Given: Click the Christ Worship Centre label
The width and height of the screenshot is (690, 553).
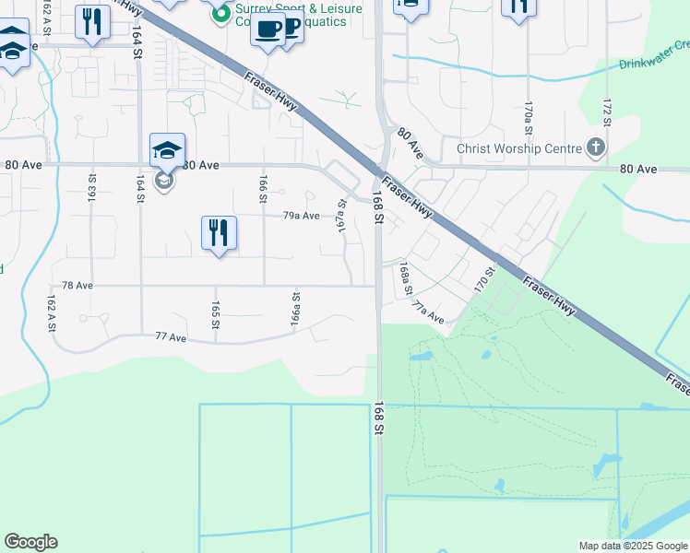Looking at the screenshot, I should pos(519,149).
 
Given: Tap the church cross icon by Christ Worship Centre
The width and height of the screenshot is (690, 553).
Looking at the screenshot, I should pos(596,147).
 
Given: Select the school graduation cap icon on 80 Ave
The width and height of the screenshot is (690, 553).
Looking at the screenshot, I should pos(167,150).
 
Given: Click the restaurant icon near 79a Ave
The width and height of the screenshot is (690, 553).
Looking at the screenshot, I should pos(219,233).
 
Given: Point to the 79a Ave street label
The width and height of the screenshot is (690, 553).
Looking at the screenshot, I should pos(301,215).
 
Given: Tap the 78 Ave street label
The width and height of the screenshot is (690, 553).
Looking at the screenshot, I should pos(77,286).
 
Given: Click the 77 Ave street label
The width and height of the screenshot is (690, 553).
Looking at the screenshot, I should pos(172,338).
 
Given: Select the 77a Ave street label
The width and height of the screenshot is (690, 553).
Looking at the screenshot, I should pos(428,313).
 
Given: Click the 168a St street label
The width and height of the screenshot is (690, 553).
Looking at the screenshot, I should pos(405,278).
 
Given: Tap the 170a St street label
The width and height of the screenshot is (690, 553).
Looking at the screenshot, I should pos(529,119).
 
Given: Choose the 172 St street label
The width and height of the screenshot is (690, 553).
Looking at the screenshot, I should pos(607,109).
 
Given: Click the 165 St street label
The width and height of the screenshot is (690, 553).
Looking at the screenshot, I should pos(215,314).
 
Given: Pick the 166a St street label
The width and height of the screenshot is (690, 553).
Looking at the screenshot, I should pos(296,310).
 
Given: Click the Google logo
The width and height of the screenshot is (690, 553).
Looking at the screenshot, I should pos(30,542).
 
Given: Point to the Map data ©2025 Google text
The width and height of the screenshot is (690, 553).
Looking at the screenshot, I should pos(632,546).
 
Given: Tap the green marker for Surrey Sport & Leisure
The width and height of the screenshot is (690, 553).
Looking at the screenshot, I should pos(220,15).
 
